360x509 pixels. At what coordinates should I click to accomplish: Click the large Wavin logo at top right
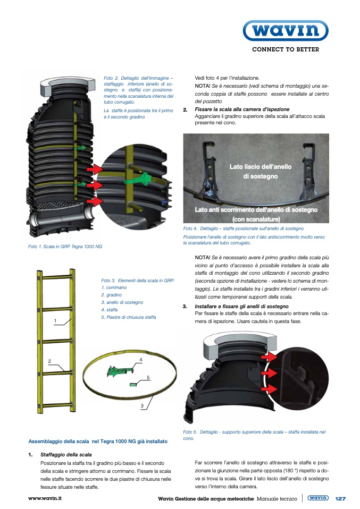coord(286,30)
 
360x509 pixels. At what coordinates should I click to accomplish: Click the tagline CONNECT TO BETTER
coord(286,49)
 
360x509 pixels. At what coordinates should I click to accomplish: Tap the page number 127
coord(340,498)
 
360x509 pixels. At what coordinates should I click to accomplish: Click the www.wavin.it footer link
coord(45,498)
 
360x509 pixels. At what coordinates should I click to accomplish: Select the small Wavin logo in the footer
coord(318,498)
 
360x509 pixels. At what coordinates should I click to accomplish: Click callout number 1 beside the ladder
coord(55,321)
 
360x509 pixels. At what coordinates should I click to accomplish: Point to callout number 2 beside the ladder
coord(49,361)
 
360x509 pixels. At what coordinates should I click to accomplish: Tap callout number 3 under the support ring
coord(142,406)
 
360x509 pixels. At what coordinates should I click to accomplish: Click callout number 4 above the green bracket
coord(141,360)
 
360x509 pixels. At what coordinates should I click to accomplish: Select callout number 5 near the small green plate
coord(148,378)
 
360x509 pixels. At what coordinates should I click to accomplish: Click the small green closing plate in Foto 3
coord(133,384)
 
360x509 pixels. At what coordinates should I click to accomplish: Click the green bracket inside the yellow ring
coord(119,371)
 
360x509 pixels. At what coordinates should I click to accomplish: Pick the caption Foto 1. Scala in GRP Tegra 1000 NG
coord(65,247)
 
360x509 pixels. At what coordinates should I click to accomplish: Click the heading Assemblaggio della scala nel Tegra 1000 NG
coord(98,442)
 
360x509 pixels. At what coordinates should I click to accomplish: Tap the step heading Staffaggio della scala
coord(66,454)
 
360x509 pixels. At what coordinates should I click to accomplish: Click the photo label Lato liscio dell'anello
coord(261,166)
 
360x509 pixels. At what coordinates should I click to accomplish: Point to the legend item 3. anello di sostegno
coord(122,302)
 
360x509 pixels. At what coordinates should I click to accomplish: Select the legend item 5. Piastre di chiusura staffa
coord(128,317)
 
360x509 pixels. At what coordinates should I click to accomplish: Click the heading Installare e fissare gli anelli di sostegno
coord(242,307)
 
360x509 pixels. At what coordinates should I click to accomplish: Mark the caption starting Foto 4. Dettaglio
coord(244,228)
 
